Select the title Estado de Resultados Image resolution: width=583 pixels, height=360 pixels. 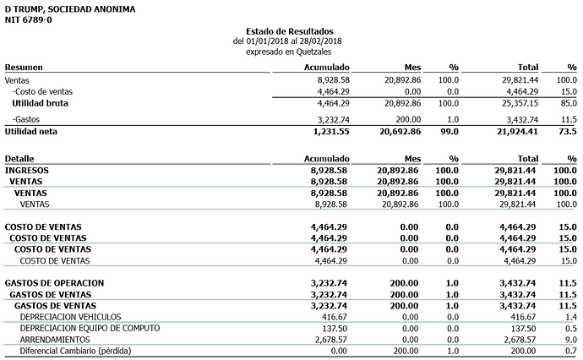(x=290, y=31)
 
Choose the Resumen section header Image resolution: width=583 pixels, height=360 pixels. (x=24, y=67)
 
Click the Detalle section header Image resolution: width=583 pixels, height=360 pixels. (x=20, y=158)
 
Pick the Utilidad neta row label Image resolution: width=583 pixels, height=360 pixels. (x=32, y=132)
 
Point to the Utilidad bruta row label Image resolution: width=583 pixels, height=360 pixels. (x=40, y=102)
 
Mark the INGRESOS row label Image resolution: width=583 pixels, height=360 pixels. (x=27, y=170)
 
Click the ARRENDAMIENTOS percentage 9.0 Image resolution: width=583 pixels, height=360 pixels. (x=570, y=339)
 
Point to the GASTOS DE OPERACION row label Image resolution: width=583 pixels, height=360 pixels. (x=54, y=281)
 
